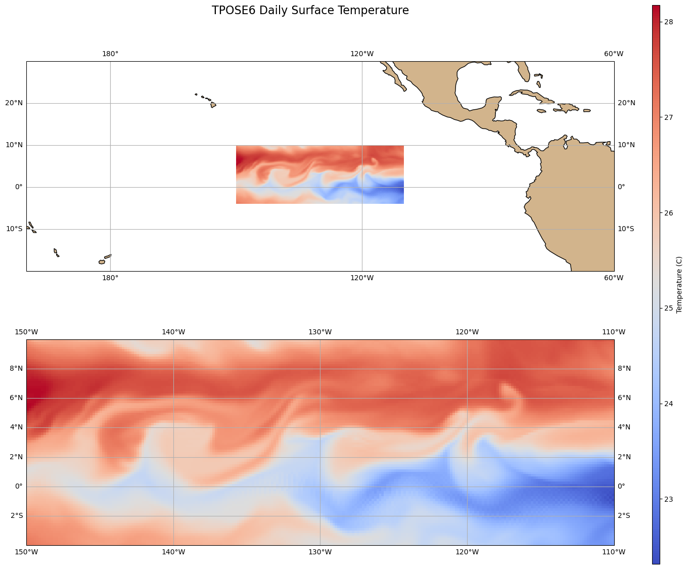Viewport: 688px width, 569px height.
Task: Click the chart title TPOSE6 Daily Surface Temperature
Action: (x=310, y=11)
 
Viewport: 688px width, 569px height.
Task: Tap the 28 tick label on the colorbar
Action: (x=668, y=22)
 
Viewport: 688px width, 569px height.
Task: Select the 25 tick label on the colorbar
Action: (x=668, y=309)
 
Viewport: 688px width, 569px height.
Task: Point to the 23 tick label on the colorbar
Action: (x=668, y=499)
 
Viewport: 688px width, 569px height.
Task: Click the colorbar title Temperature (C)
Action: (x=679, y=285)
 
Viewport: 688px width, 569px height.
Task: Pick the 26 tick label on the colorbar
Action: (x=668, y=213)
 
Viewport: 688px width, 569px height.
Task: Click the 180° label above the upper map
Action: (x=110, y=54)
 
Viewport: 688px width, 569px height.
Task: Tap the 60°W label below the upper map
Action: (x=614, y=278)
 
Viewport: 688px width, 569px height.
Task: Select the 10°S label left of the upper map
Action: (x=14, y=229)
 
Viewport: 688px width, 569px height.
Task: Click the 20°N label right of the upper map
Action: (x=626, y=103)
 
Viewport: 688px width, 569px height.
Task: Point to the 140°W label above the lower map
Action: (x=173, y=332)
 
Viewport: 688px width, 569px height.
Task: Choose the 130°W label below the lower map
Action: (x=320, y=552)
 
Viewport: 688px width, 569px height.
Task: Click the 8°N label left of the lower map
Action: (x=17, y=369)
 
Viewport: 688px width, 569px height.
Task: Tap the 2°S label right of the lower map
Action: (x=624, y=516)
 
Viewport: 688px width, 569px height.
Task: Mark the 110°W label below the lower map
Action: (x=614, y=552)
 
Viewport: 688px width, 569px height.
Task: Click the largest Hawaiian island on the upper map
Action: (x=213, y=105)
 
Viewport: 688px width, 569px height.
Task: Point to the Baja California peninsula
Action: (x=394, y=76)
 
